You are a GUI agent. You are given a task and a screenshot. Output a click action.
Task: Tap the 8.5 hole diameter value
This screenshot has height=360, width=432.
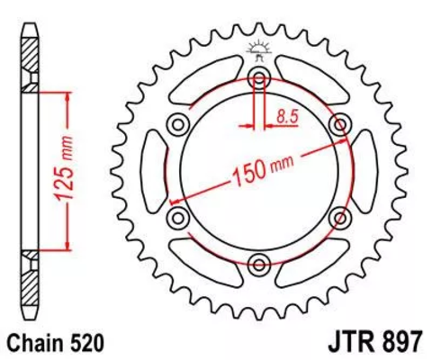(x=288, y=114)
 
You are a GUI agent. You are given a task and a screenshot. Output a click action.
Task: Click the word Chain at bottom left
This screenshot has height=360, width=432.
(x=31, y=343)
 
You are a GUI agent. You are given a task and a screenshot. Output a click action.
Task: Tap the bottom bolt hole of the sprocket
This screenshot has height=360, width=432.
(x=260, y=264)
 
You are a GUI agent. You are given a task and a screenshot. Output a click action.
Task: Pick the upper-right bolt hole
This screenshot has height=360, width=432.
(x=341, y=123)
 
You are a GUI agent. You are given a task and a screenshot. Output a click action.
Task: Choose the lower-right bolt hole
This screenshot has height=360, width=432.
(x=341, y=217)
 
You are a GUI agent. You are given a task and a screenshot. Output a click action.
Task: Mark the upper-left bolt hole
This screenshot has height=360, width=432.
(x=179, y=123)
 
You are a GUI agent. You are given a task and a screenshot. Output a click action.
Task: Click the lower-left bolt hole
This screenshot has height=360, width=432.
(x=178, y=217)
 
